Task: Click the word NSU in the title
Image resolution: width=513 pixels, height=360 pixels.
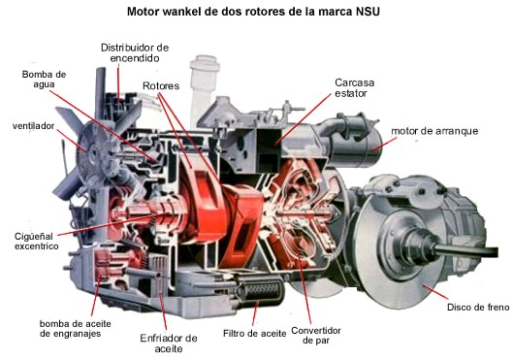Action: click(x=368, y=12)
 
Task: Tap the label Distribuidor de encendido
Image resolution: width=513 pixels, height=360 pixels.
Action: click(x=135, y=52)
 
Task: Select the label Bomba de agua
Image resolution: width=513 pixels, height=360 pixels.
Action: click(x=44, y=80)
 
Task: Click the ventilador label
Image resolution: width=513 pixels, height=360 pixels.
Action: click(x=33, y=126)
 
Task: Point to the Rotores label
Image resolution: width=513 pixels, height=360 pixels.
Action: click(x=161, y=86)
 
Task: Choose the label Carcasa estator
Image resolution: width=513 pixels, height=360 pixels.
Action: click(x=354, y=87)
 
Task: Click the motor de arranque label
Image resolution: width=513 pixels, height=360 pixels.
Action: click(x=434, y=131)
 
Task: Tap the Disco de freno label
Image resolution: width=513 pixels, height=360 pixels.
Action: click(x=478, y=307)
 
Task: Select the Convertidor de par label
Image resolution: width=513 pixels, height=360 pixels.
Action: click(x=316, y=335)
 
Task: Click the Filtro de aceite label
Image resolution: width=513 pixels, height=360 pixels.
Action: click(x=254, y=334)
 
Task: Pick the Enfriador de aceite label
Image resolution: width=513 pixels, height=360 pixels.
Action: click(x=169, y=343)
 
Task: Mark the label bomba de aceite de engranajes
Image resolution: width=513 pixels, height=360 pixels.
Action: click(x=76, y=329)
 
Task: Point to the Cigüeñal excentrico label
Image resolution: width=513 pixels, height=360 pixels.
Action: click(x=36, y=242)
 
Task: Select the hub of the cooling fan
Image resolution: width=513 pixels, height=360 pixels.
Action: click(x=95, y=154)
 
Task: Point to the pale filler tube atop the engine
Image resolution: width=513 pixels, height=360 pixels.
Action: click(x=204, y=88)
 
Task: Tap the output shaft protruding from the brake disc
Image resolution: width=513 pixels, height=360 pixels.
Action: click(x=466, y=251)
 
